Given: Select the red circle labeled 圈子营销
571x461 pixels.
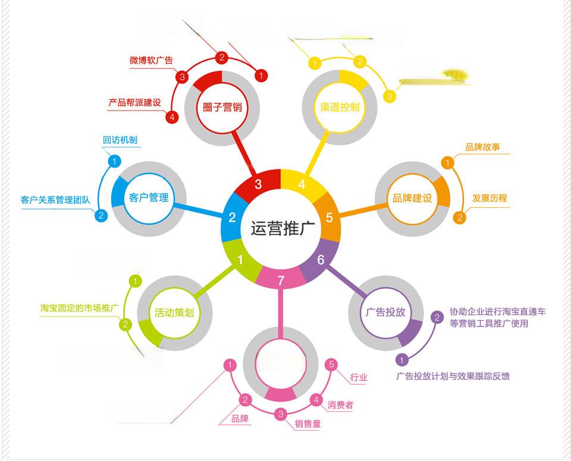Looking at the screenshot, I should pyautogui.click(x=221, y=108).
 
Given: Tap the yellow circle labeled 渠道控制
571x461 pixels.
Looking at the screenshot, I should pyautogui.click(x=339, y=108).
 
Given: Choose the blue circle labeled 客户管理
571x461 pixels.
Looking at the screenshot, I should pyautogui.click(x=149, y=197).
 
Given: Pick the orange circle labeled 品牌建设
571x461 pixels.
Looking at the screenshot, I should pyautogui.click(x=412, y=198).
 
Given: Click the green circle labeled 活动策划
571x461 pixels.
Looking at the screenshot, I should pyautogui.click(x=174, y=312).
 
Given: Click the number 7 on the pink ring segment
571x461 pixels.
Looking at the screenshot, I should pyautogui.click(x=281, y=280).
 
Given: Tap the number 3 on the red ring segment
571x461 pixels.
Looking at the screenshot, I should pyautogui.click(x=258, y=184).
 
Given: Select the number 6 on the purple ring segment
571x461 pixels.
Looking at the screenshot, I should pyautogui.click(x=321, y=260).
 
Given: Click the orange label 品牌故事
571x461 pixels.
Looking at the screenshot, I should pyautogui.click(x=482, y=147).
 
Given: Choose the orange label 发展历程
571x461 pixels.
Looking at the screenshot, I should pyautogui.click(x=490, y=198).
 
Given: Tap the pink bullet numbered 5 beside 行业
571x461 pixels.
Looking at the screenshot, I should pyautogui.click(x=332, y=364).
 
